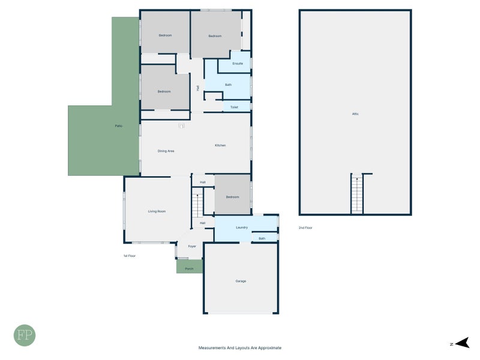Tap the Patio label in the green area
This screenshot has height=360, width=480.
tap(119, 125)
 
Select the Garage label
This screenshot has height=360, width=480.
tap(241, 281)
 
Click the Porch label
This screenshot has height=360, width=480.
tap(189, 268)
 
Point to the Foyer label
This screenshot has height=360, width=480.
tap(192, 246)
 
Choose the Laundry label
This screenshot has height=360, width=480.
tap(242, 227)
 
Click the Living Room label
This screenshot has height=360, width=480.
tap(157, 211)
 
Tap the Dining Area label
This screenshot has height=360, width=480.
tap(166, 151)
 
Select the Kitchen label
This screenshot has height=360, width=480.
tap(220, 145)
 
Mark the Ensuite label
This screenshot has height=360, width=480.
tap(238, 63)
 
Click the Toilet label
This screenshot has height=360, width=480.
tap(234, 107)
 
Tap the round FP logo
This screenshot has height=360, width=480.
tap(25, 335)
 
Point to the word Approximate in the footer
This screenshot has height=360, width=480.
tap(268, 347)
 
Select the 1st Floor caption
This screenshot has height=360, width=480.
tap(130, 256)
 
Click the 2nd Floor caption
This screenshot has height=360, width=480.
tap(305, 228)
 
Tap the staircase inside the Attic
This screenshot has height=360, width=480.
tap(358, 194)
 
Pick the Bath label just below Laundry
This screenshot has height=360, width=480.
tap(262, 239)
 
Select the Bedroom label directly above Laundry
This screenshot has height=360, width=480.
tap(232, 197)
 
